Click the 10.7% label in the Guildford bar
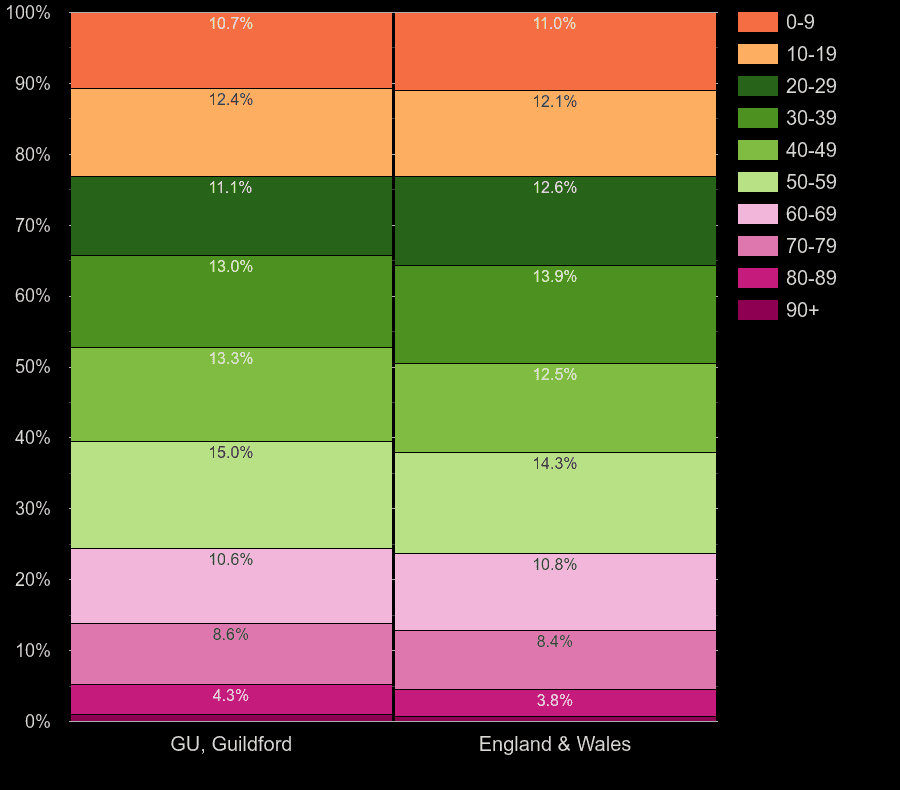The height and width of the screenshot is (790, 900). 231,23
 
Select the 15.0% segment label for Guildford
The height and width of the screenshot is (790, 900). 231,452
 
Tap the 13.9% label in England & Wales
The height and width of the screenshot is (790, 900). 555,276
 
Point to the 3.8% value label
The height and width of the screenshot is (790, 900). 555,700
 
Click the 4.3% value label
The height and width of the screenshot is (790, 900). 231,695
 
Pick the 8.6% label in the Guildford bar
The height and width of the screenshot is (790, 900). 231,634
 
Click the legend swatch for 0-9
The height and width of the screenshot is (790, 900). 757,22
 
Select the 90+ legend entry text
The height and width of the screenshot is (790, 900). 802,310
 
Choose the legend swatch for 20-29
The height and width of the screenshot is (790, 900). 757,86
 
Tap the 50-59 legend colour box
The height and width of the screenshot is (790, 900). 757,182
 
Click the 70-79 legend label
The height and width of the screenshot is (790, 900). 811,246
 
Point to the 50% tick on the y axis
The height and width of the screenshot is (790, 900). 32,367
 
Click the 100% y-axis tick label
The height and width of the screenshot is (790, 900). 28,13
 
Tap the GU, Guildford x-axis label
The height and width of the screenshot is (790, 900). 231,744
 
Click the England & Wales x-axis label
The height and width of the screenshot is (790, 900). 555,744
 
